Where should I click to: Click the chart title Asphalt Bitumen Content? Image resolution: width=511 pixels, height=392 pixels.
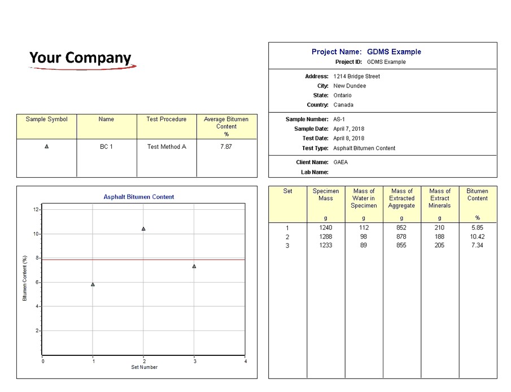point(139,197)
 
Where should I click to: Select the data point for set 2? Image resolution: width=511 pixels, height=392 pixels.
point(143,228)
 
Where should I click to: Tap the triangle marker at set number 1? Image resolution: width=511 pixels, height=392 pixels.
point(93,284)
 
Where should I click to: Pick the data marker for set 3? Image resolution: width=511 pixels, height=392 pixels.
point(194,266)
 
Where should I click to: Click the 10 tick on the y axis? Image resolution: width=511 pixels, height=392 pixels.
point(36,234)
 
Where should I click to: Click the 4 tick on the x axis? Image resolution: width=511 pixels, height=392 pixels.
point(244,361)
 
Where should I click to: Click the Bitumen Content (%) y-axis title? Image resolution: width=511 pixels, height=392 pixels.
point(25,278)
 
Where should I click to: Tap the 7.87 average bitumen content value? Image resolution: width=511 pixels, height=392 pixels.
point(226,147)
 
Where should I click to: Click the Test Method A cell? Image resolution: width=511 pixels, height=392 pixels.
point(167,147)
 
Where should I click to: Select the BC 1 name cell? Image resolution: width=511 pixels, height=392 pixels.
point(106,147)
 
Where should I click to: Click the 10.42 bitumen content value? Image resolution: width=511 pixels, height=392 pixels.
point(477,236)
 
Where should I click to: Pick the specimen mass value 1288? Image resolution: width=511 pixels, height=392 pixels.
point(326,236)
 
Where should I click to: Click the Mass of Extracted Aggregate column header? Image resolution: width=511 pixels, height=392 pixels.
point(401,198)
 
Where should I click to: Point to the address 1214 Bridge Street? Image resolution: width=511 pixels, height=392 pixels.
point(356,76)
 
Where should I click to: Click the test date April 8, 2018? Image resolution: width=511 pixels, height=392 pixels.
point(348,138)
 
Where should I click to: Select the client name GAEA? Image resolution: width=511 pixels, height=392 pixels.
point(340,162)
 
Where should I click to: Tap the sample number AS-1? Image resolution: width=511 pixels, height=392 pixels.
point(339,119)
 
